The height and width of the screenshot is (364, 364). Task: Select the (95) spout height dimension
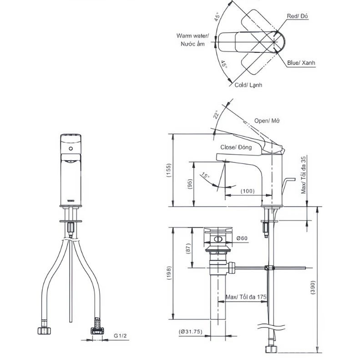click(x=190, y=184)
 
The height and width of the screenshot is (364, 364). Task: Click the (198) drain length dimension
click(x=169, y=273)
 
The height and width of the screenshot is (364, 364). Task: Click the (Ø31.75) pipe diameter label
click(x=191, y=332)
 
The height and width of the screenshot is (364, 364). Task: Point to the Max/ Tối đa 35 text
click(x=303, y=175)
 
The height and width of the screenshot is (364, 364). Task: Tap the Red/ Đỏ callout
click(x=298, y=16)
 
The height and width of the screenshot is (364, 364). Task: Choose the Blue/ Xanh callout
click(x=301, y=63)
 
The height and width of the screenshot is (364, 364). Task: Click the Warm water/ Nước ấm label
click(x=192, y=40)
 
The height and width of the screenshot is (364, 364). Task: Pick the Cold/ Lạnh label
click(x=248, y=85)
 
